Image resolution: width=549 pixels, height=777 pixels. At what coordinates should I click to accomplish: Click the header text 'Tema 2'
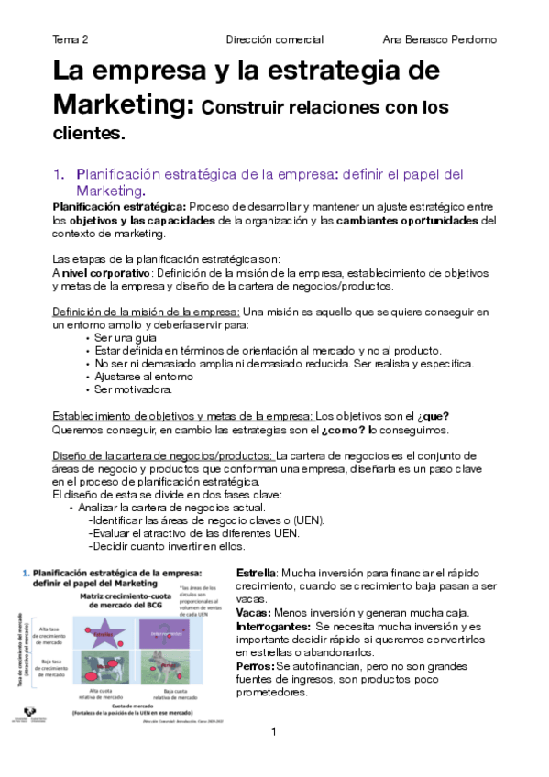(71, 40)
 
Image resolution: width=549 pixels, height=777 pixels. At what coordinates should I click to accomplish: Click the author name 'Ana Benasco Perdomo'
(438, 40)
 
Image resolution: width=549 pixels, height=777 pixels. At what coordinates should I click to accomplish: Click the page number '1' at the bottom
(274, 731)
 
